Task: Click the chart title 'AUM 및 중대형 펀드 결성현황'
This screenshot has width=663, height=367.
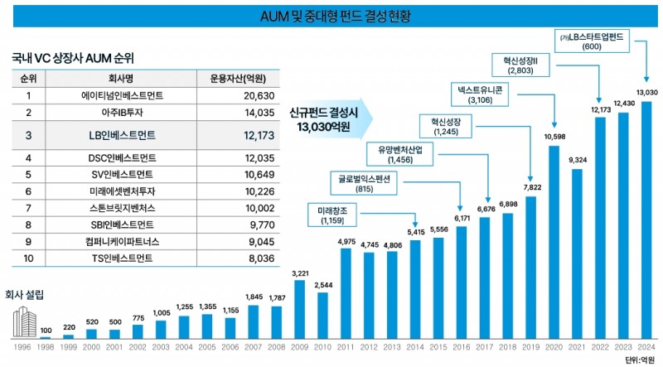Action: (x=331, y=15)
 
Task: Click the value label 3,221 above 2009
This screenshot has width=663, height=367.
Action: (x=300, y=273)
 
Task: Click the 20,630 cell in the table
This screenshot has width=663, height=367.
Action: (x=237, y=96)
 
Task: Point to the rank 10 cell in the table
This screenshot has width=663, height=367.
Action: (x=28, y=258)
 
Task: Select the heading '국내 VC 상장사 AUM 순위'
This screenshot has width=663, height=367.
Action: (x=73, y=59)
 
